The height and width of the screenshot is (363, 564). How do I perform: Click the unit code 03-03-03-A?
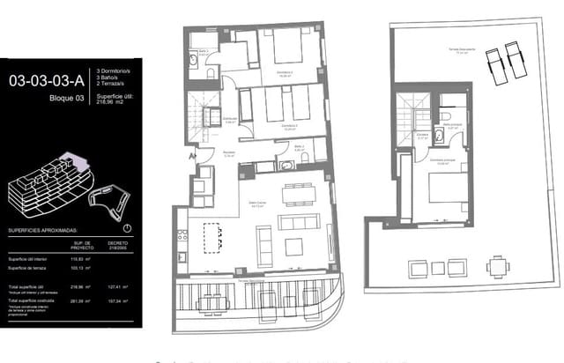(x=43, y=80)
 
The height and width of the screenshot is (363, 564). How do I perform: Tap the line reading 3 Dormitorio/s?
(x=114, y=70)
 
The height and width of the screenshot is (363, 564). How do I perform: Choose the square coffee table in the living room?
(x=293, y=245)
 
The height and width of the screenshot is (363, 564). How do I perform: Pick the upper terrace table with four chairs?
(x=499, y=266)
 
